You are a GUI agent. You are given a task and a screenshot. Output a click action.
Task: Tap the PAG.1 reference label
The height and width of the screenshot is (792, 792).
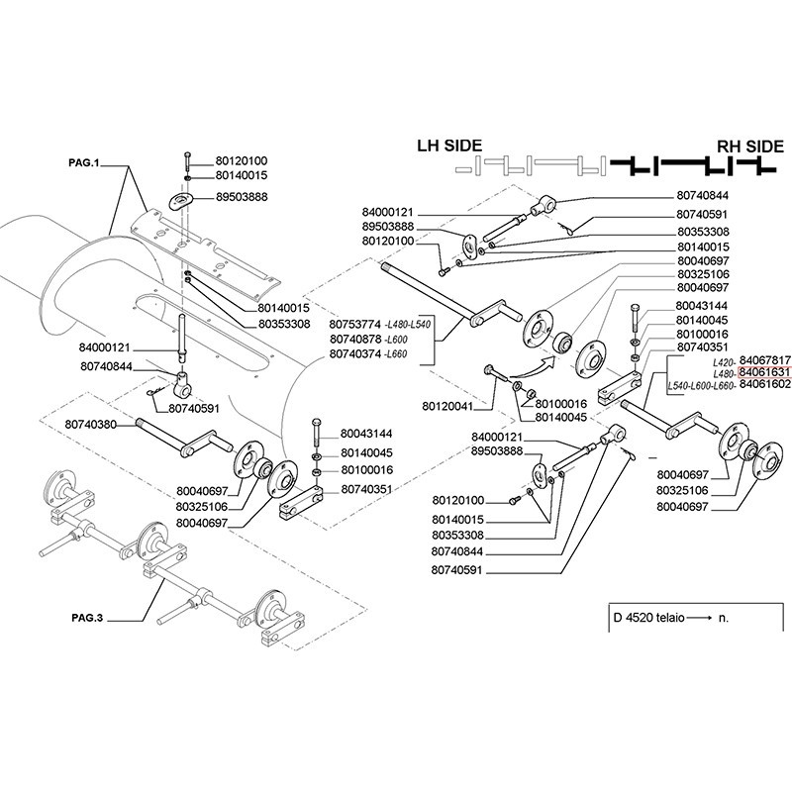click(84, 162)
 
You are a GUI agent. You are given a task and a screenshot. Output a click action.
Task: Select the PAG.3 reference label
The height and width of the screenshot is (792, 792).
click(84, 618)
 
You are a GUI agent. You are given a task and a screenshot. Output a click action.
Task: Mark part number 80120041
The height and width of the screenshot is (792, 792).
click(447, 406)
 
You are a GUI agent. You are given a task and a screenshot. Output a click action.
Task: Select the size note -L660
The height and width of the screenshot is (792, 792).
click(396, 353)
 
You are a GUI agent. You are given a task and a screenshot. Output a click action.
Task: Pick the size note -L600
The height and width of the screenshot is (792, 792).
click(396, 340)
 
